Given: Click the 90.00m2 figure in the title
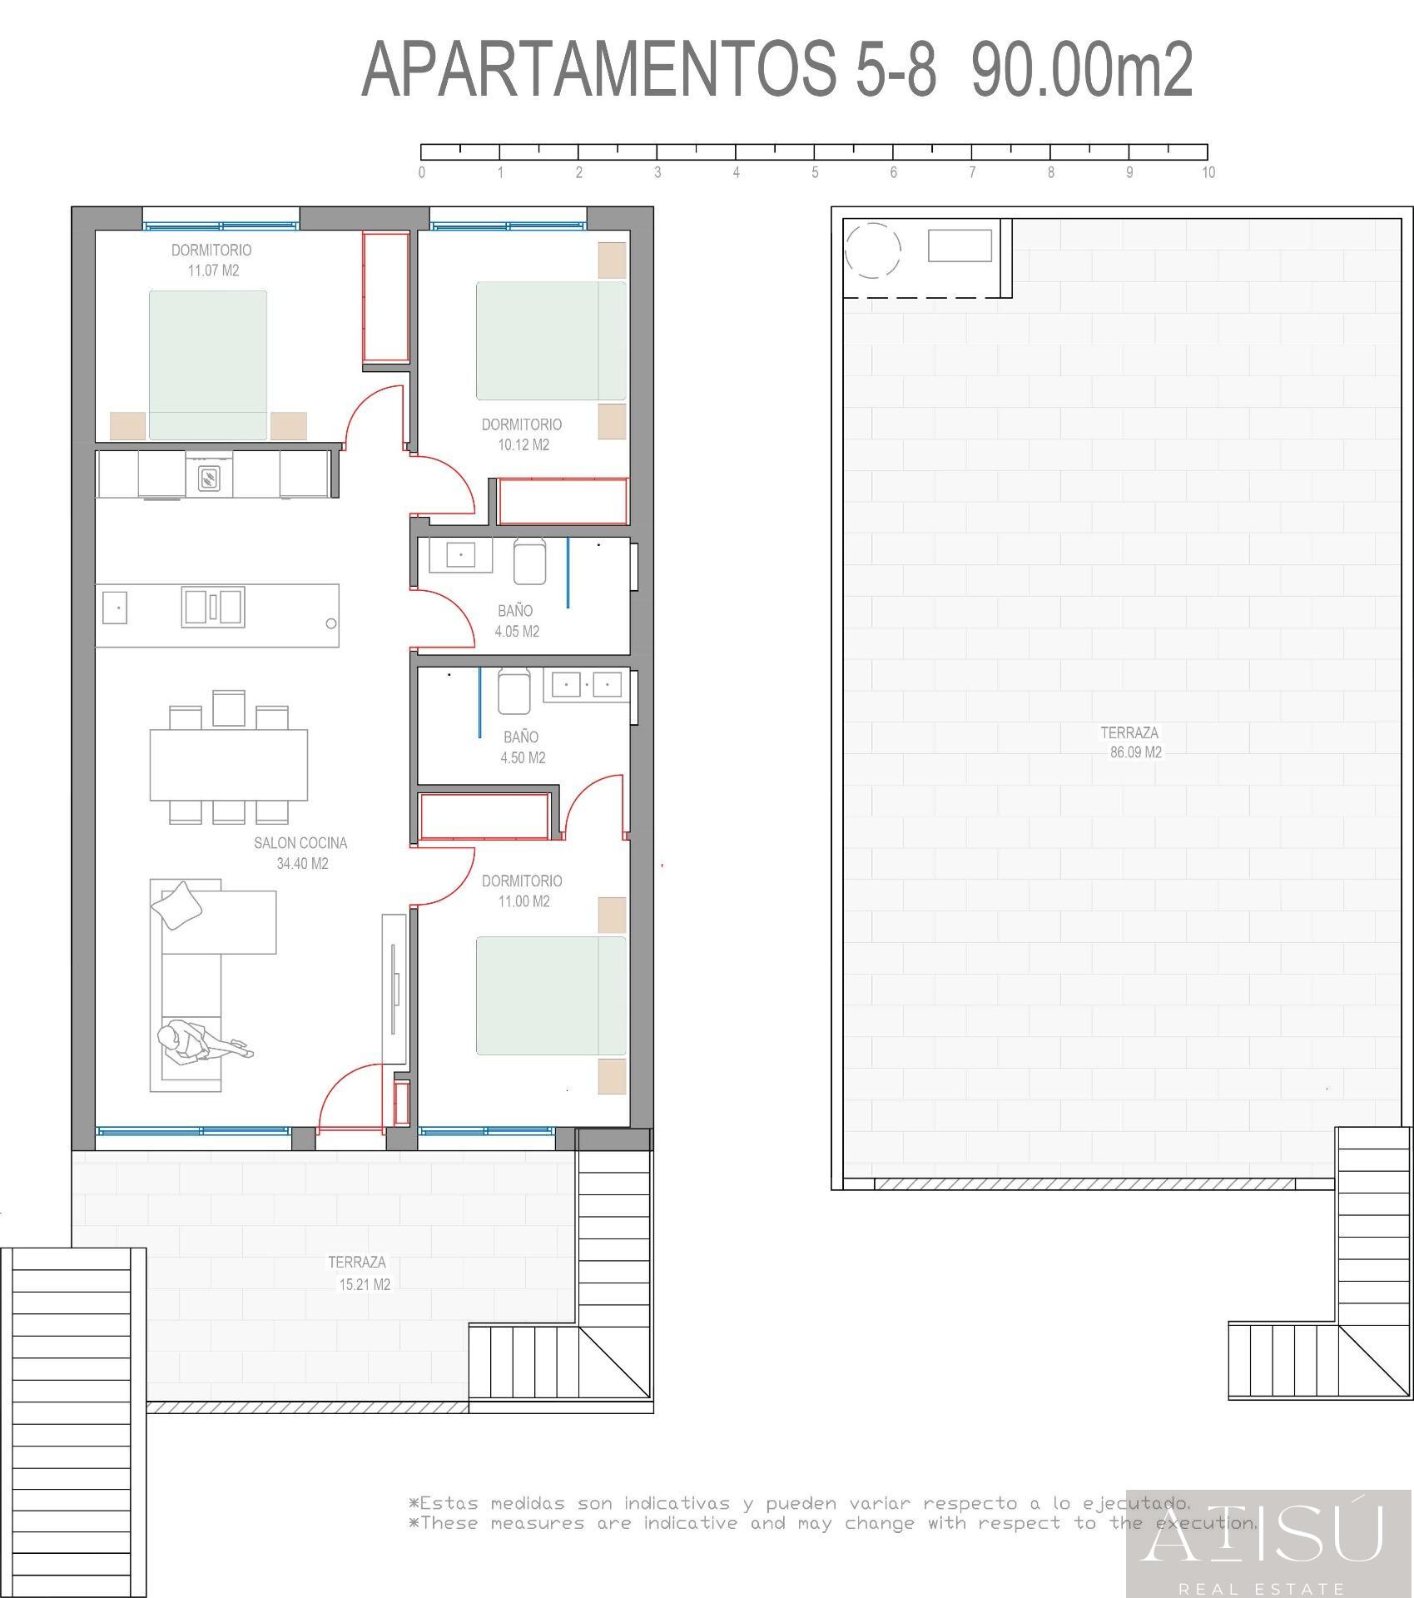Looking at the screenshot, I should [x=1081, y=70].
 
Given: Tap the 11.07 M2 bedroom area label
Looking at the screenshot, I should [x=213, y=270].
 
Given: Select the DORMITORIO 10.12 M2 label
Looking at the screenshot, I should [x=523, y=434].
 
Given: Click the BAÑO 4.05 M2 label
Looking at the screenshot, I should [x=516, y=621].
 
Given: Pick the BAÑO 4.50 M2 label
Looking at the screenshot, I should [x=522, y=747].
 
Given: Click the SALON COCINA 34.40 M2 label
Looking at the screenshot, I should [x=301, y=853].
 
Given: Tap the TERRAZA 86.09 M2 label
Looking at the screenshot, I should [x=1130, y=742].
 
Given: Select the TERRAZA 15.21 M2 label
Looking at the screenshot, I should [x=359, y=1273].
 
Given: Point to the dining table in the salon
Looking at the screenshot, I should [x=228, y=764].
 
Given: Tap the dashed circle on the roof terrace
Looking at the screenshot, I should [x=872, y=250].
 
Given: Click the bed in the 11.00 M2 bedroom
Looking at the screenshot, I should [x=550, y=995].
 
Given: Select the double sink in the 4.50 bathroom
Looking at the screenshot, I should [x=587, y=685].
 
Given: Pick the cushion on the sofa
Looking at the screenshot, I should [x=180, y=906].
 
